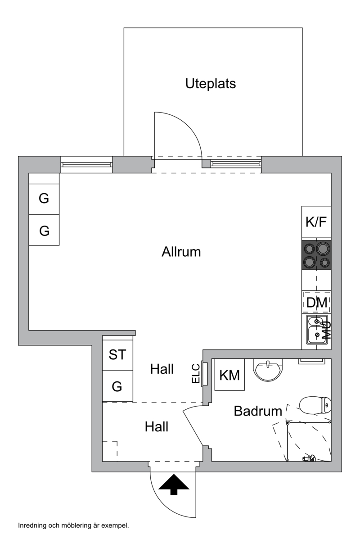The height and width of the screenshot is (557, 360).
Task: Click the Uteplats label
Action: click(211, 84)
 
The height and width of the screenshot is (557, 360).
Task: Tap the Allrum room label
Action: click(181, 252)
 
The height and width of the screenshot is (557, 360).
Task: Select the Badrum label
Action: click(258, 411)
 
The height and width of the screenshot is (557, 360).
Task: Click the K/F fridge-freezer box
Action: click(316, 222)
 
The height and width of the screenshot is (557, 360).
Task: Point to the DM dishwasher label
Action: click(317, 303)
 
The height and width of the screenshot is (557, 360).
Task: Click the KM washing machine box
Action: click(229, 375)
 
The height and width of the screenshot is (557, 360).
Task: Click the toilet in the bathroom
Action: click(315, 405)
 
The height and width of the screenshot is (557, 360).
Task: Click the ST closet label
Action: click(117, 354)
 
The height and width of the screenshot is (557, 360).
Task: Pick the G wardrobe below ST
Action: click(117, 386)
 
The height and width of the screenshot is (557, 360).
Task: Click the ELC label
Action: click(196, 373)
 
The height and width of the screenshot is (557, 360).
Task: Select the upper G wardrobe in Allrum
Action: click(44, 199)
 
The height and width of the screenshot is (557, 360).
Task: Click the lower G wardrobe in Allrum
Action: click(44, 230)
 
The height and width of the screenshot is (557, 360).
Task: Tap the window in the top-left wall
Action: click(86, 165)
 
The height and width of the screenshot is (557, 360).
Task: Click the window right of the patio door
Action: click(236, 163)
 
